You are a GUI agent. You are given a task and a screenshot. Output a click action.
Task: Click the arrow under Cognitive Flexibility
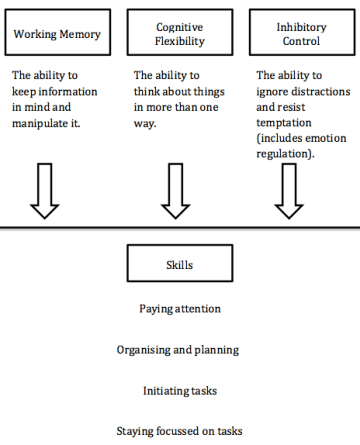click(175, 191)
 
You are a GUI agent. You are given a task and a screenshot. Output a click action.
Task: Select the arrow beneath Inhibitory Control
click(289, 191)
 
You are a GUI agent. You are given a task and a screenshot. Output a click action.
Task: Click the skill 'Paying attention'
click(178, 309)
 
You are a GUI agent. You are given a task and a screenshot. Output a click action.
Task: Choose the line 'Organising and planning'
click(178, 350)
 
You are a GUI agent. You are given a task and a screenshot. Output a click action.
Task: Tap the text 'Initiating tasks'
click(178, 391)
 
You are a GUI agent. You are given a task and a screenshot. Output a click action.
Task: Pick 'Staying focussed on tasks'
click(178, 432)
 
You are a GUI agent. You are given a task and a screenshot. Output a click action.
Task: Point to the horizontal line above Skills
click(180, 229)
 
